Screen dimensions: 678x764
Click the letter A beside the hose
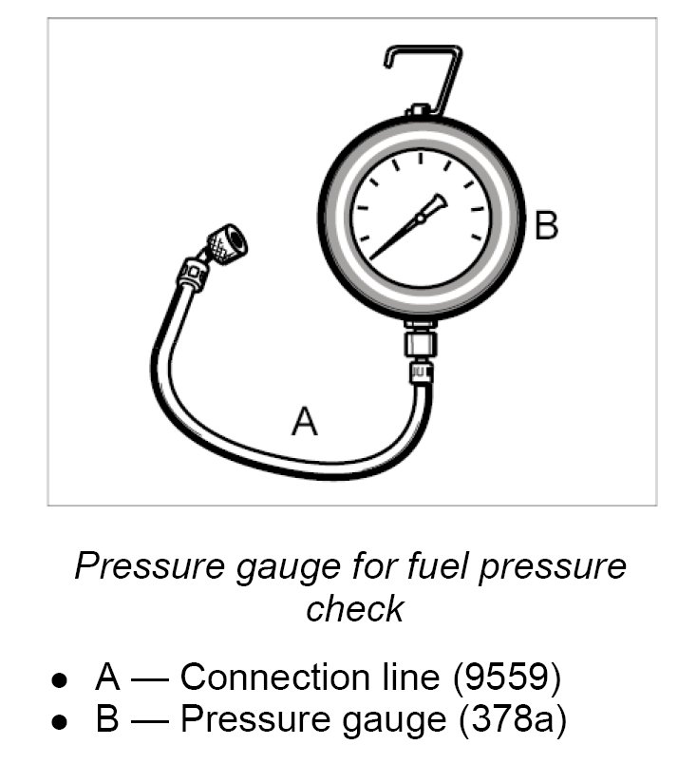[304, 420]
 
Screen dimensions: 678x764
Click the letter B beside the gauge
[546, 225]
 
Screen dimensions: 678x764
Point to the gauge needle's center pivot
[420, 220]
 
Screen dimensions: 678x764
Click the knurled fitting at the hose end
[227, 242]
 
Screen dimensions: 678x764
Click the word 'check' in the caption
[354, 608]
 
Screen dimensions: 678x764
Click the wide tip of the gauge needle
[438, 202]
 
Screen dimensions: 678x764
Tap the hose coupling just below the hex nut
[419, 370]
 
